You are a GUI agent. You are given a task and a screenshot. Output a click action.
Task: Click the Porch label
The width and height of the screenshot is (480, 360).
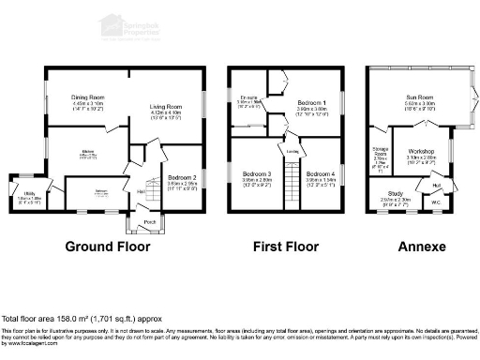(x=149, y=222)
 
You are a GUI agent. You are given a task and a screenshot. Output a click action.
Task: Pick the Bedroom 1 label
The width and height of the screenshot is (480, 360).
(x=312, y=101)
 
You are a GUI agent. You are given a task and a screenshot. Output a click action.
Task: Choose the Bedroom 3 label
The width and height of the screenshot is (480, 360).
(x=256, y=174)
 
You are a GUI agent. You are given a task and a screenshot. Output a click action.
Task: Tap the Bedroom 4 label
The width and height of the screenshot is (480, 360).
(x=320, y=174)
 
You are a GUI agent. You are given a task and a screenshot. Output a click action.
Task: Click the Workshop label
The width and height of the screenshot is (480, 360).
(x=419, y=152)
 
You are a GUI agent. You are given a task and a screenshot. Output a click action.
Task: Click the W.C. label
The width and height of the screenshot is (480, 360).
(x=436, y=202)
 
